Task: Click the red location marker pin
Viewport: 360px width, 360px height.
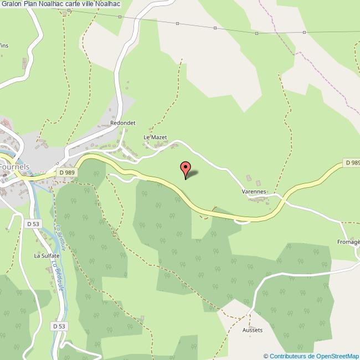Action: [186, 168]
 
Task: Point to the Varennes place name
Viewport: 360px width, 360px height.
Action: [254, 191]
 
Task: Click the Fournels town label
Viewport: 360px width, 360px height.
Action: [14, 166]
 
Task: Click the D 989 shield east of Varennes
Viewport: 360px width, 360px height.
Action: [352, 163]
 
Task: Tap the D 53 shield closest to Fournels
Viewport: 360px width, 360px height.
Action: [32, 224]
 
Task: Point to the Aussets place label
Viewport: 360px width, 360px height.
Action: [253, 330]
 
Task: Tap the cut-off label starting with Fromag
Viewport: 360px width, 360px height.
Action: [348, 242]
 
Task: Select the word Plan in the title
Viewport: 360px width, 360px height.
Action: [29, 4]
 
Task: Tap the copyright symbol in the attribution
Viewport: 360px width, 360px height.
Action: [265, 356]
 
